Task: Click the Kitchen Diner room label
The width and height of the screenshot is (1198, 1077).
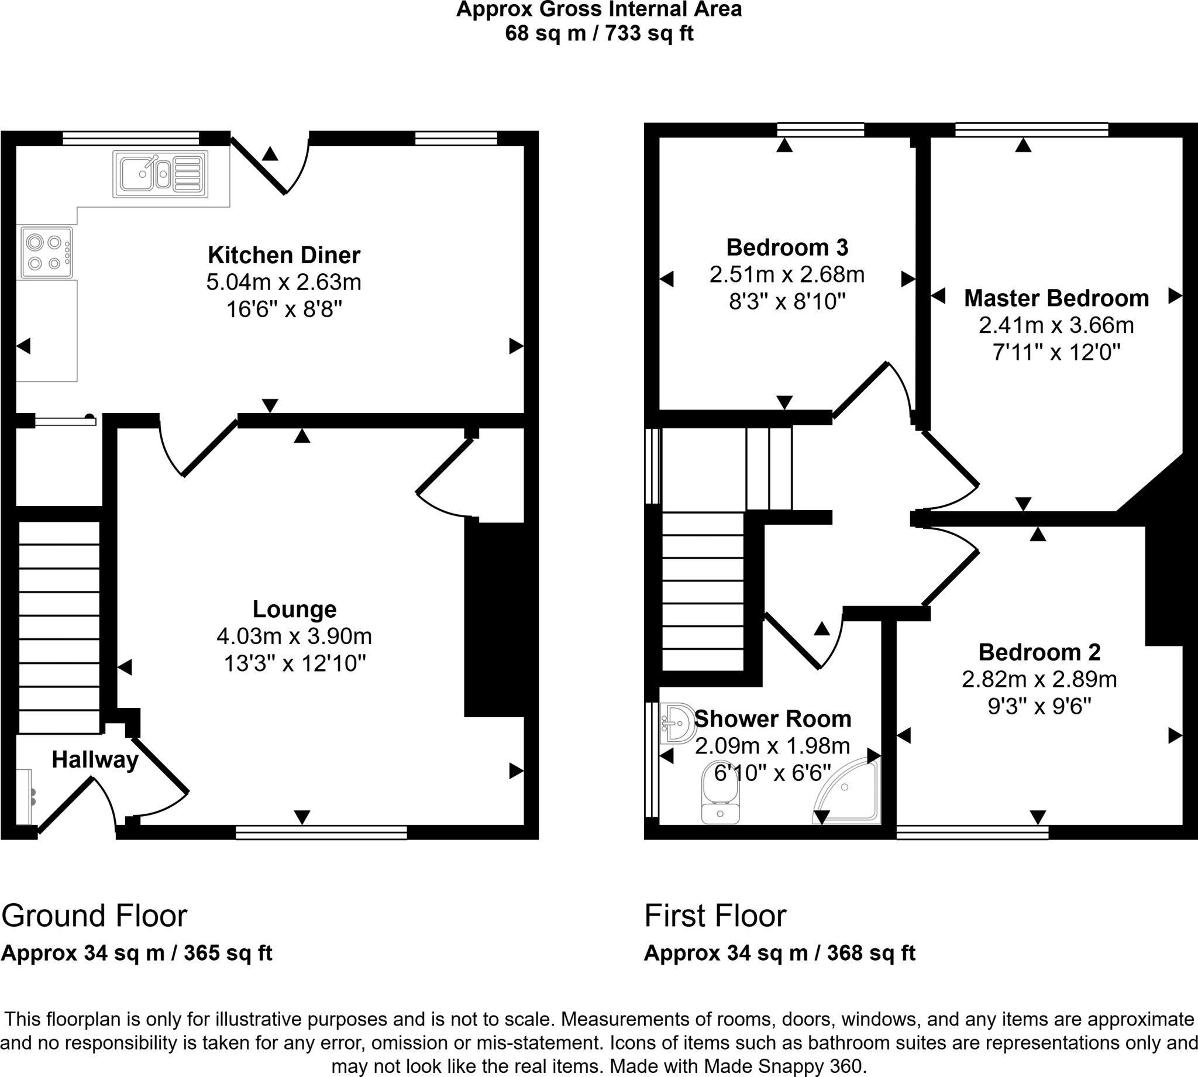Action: point(284,256)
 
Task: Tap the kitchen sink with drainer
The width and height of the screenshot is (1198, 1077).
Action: point(160,174)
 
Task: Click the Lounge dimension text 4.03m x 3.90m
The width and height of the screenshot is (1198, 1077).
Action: point(294,636)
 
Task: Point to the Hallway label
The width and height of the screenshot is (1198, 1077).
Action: point(95,760)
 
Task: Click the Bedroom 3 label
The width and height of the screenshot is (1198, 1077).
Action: point(787,247)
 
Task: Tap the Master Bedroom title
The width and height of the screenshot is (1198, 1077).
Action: point(1056,298)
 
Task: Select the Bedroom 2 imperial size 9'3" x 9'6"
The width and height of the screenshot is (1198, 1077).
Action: point(1039,707)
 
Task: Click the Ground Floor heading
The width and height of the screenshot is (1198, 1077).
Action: point(95,916)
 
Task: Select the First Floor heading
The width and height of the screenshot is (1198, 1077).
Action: point(715,916)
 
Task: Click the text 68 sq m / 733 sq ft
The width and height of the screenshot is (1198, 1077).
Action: point(598,33)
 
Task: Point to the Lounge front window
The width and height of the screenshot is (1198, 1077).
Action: point(321,832)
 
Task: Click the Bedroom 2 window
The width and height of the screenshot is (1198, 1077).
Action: point(973,832)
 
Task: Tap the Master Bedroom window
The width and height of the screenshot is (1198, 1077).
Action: point(1032,130)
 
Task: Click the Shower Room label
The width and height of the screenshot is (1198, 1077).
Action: point(773,719)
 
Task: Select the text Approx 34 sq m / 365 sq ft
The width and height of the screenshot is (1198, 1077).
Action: point(137,954)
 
